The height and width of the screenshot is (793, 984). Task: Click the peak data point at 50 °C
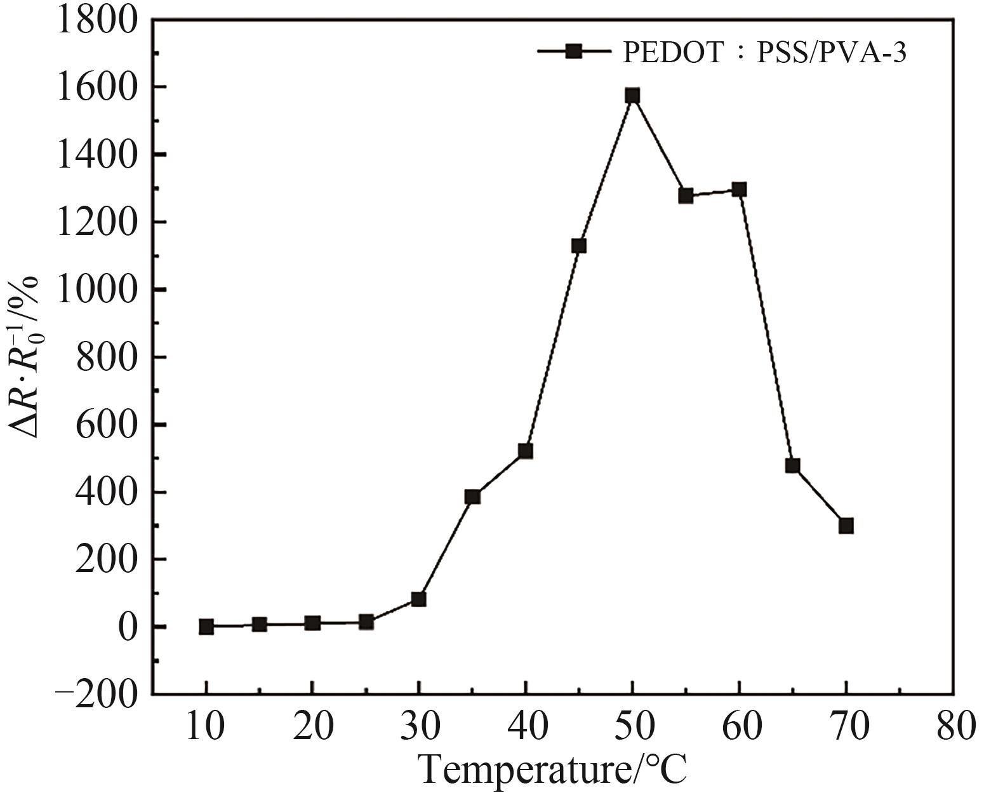[632, 96]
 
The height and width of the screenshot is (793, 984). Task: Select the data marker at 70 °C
[846, 526]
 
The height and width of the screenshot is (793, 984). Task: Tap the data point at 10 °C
[206, 627]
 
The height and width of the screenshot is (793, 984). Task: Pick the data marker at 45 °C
[578, 246]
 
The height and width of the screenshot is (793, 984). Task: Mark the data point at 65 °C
[792, 465]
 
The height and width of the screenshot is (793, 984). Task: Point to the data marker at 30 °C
[418, 599]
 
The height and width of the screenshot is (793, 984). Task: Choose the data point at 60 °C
[739, 189]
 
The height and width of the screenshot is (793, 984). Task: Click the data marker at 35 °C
[472, 496]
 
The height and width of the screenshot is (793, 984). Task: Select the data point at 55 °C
[686, 196]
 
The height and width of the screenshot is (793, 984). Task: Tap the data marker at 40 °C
[525, 451]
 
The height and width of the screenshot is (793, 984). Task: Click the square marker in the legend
[574, 51]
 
